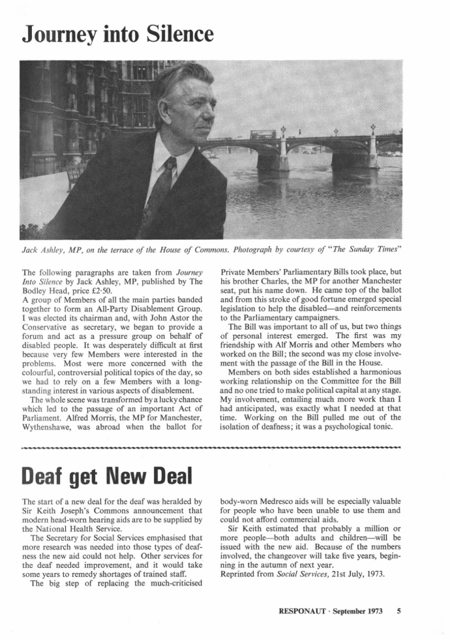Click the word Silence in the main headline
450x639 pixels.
(x=172, y=33)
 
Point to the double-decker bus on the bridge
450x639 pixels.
(x=263, y=134)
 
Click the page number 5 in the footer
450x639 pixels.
(x=398, y=612)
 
